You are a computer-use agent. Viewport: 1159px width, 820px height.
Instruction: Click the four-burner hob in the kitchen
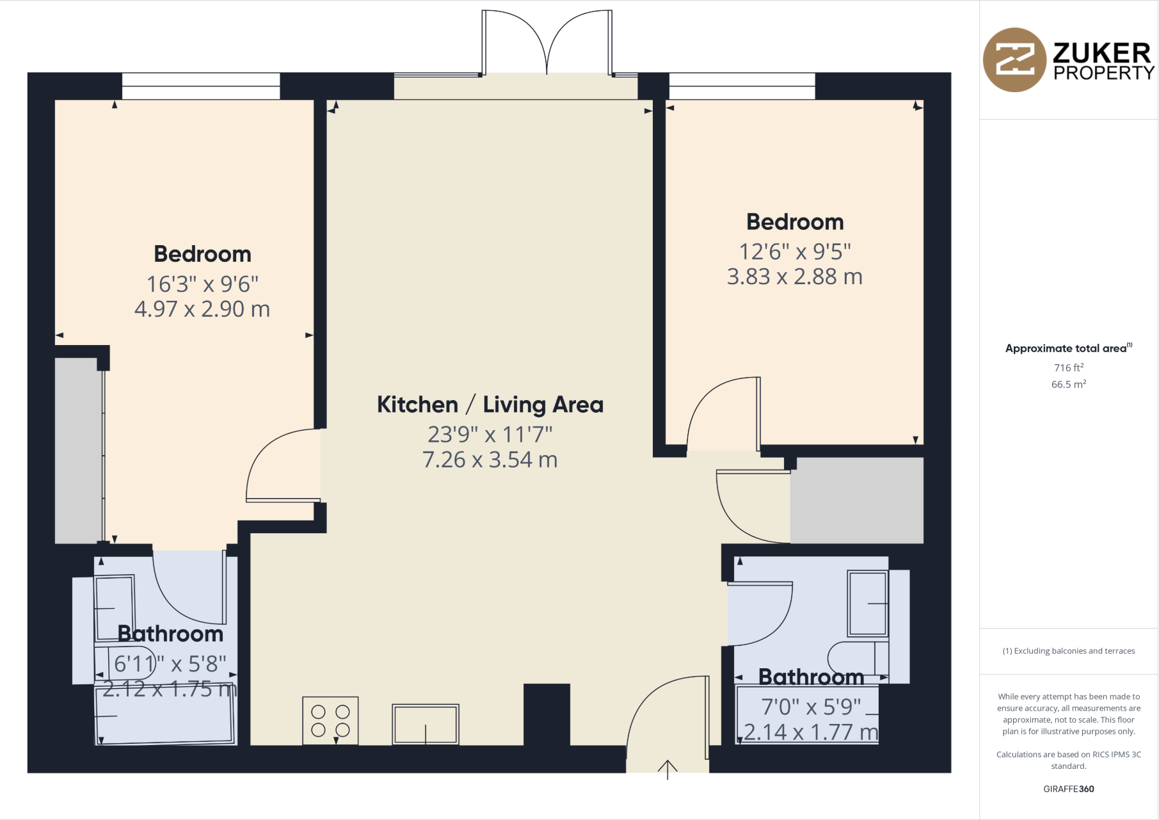330,721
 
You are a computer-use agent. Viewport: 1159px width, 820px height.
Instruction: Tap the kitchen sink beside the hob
426,725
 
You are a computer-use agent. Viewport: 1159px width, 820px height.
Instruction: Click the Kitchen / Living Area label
490,405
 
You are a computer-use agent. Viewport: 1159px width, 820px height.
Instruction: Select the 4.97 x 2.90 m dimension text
202,309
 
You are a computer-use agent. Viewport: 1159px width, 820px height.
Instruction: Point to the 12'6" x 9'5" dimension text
795,252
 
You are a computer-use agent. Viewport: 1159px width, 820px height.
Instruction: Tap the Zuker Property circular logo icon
1015,60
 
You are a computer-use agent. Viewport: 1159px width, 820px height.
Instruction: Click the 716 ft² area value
1068,367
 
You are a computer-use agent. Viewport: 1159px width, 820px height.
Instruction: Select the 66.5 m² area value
1068,384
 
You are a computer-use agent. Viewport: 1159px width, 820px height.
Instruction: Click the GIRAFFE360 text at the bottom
1068,789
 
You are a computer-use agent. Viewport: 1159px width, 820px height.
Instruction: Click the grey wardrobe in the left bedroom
78,451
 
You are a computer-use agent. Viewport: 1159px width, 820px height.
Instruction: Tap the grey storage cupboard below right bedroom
856,500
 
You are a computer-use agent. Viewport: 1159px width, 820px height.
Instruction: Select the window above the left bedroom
201,86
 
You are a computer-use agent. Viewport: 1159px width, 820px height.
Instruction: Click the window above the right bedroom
742,86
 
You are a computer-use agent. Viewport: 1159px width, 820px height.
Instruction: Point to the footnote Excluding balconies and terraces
1068,651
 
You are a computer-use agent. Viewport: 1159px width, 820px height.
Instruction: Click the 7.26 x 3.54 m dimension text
490,460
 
